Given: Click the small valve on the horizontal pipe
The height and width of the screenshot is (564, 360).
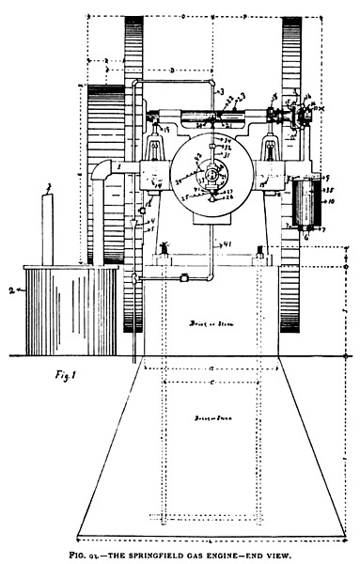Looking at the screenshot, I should click(x=185, y=276).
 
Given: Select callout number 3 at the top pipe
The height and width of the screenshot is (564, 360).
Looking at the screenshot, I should click(x=223, y=93).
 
